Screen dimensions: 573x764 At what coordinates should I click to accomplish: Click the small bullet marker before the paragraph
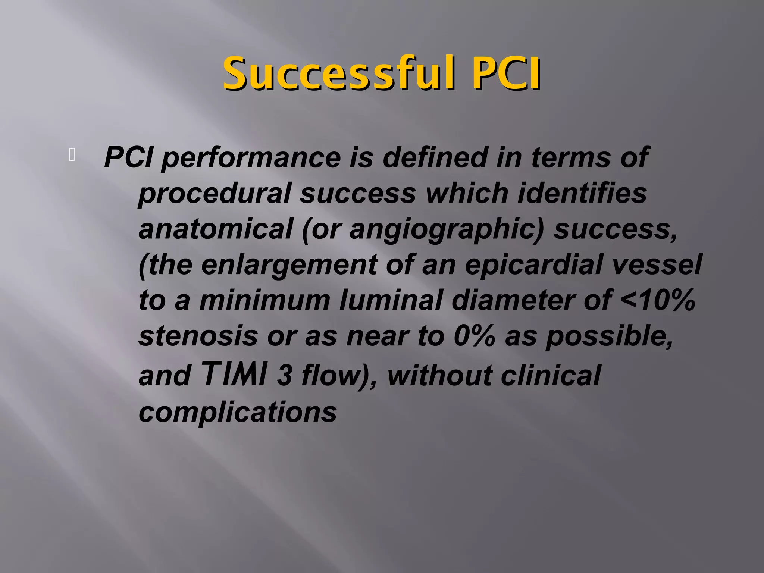click(x=72, y=155)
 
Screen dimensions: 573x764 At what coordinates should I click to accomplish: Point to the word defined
click(x=435, y=157)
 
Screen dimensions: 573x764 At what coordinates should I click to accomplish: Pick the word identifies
click(x=582, y=194)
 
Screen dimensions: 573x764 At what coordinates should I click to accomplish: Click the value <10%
click(x=658, y=300)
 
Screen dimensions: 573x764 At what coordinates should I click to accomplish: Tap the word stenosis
click(x=198, y=336)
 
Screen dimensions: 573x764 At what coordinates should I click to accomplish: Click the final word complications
click(x=238, y=412)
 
